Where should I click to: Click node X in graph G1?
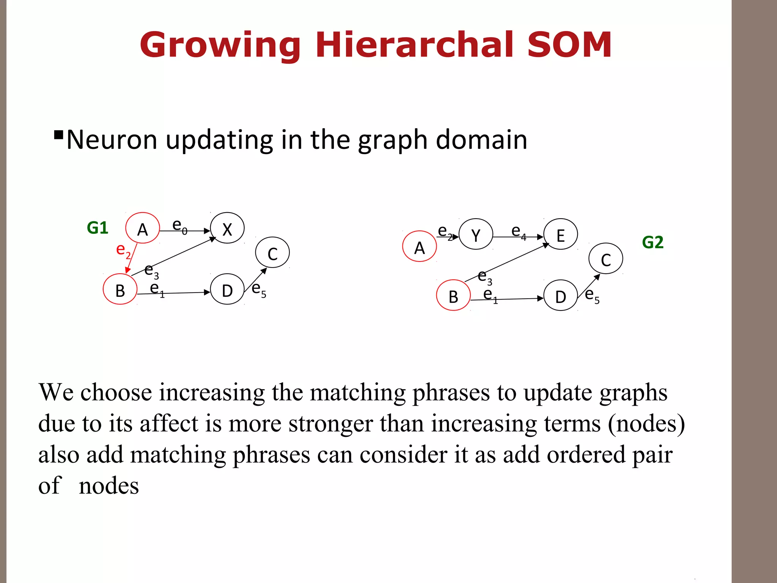pos(227,228)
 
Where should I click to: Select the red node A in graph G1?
pos(143,228)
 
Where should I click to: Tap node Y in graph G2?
pos(476,234)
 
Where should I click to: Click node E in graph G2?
pos(560,234)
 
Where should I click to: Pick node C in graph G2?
pos(606,259)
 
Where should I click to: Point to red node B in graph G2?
pos(453,295)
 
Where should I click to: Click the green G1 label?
pos(98,228)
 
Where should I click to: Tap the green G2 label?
pos(653,242)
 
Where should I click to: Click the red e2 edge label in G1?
pos(123,251)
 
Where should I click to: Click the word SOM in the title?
pos(569,45)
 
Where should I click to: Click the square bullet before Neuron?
pos(58,135)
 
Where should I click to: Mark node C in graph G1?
pos(272,253)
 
